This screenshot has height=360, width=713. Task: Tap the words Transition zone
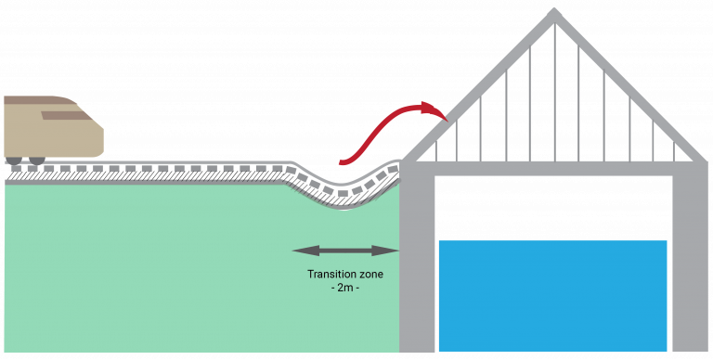point(344,275)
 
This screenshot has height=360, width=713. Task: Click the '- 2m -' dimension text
point(344,289)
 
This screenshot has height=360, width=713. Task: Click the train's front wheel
point(37,161)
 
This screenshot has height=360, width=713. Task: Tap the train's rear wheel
point(14,161)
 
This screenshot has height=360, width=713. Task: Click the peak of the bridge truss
point(554,13)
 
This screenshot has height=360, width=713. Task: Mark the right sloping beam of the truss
point(631,89)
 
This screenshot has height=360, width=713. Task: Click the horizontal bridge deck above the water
point(553,168)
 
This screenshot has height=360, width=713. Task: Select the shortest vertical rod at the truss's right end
point(680,148)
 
